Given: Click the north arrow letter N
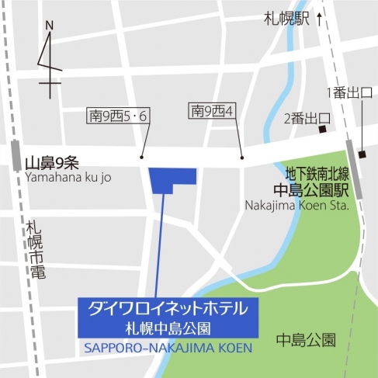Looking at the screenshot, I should (49, 26).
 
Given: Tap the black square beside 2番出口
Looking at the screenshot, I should (325, 119).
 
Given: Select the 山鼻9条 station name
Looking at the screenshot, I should (51, 163).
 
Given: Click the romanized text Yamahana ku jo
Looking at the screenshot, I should (68, 177).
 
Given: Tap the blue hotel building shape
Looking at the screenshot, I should (170, 179).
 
